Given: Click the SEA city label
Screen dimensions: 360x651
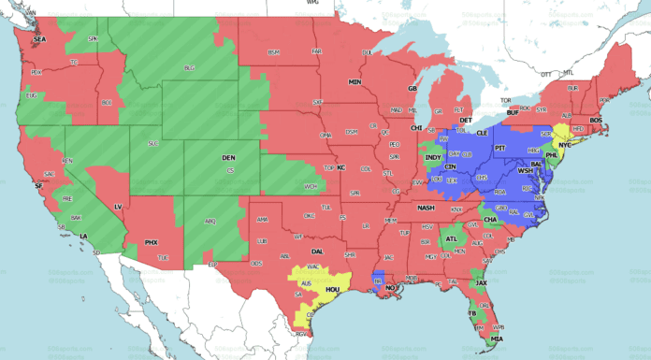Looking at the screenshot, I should click(39, 39).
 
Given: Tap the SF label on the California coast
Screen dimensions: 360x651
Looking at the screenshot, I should click(38, 187).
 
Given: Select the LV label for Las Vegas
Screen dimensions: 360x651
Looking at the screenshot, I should click(118, 206).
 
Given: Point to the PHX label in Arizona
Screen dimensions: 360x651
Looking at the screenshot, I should click(151, 242).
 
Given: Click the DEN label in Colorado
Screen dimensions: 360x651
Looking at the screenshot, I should click(228, 158).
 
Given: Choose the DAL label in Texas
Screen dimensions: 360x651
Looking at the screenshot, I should click(317, 251).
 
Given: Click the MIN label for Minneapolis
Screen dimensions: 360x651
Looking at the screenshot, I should click(355, 82).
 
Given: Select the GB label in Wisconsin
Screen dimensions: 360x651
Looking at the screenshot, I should click(411, 89).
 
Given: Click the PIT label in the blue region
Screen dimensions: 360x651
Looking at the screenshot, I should click(499, 148).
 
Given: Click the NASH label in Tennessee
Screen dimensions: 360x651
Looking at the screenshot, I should click(426, 208).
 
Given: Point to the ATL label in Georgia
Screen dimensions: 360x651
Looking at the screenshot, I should click(453, 239).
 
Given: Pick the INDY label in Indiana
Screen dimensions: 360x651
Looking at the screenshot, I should click(432, 158).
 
